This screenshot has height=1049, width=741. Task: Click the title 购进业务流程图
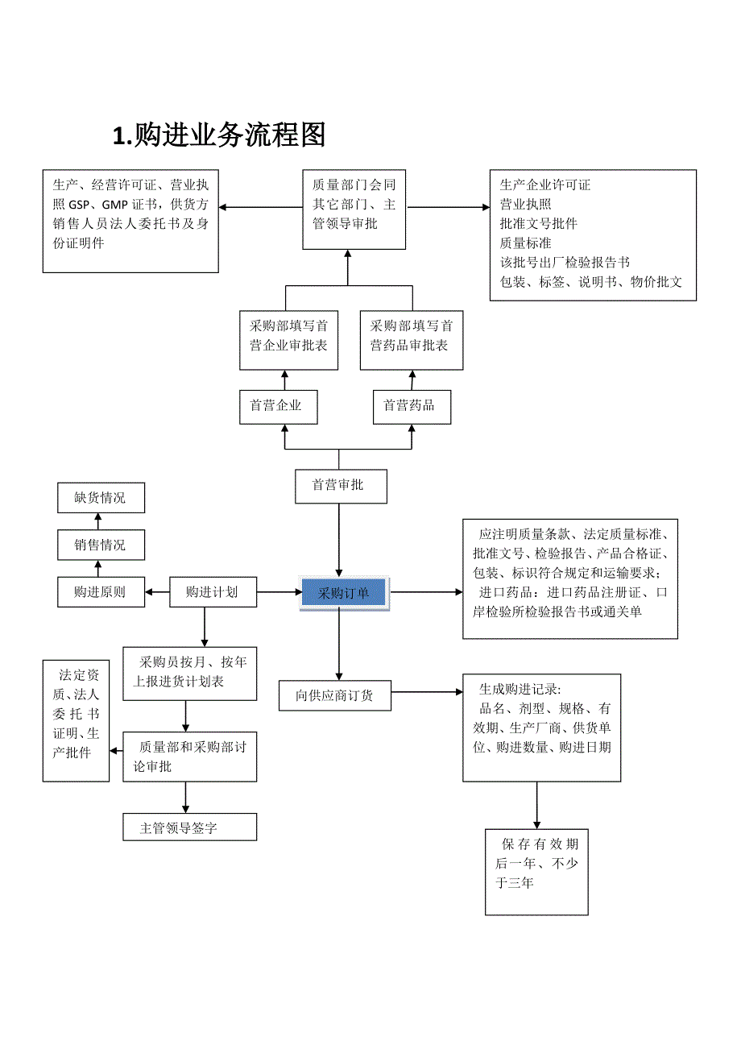coord(219,135)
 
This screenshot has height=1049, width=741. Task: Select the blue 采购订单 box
coord(344,594)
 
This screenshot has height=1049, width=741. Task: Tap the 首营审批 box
coord(340,486)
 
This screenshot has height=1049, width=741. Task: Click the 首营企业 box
coord(278,406)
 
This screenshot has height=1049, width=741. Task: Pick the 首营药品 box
coord(411,406)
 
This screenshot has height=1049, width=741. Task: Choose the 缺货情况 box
coord(101,498)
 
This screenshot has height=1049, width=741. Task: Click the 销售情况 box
coord(101,545)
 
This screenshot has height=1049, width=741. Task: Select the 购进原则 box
coord(101,592)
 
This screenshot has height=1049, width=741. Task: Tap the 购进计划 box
coord(213,592)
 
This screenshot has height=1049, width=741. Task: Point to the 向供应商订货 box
coord(334,695)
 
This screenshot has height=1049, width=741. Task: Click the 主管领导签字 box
coord(189,827)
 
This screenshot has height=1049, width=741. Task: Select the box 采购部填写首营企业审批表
coord(288,335)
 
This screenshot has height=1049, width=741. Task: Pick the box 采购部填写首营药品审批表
coord(412,335)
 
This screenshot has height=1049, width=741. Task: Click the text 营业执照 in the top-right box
coord(526,204)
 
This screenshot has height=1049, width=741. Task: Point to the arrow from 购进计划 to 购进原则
coord(158,593)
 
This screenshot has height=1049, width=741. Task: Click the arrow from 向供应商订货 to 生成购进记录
coord(427,691)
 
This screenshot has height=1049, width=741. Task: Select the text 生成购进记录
coord(520,689)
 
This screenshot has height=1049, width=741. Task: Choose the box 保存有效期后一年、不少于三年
coord(536,871)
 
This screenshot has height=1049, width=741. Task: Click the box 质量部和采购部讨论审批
coord(189,757)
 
